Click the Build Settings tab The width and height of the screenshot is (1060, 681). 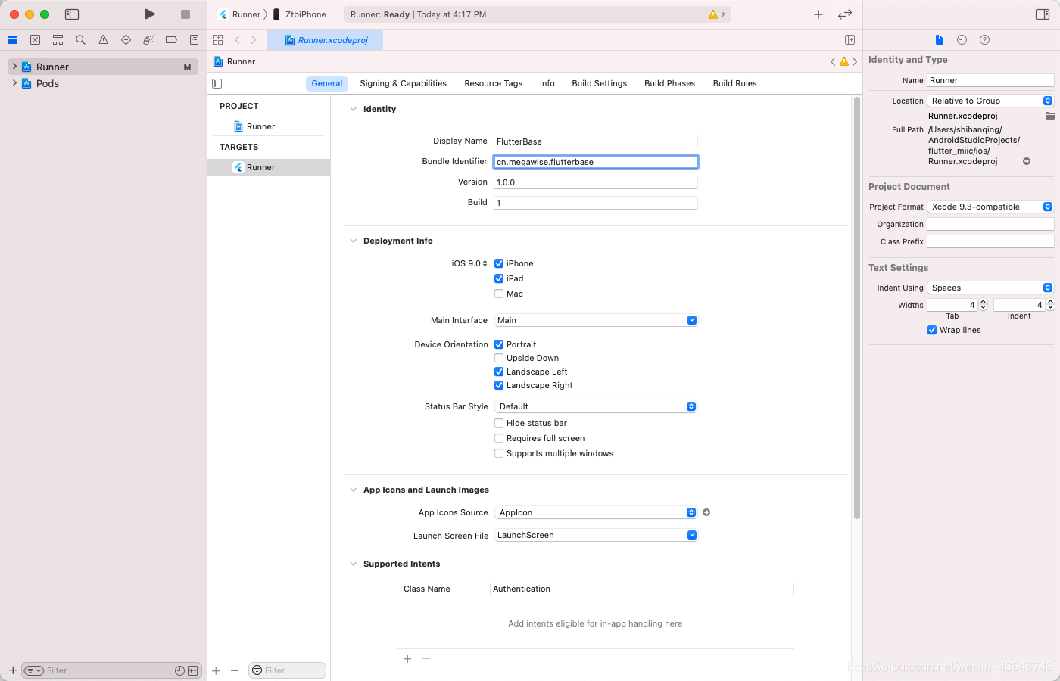click(599, 83)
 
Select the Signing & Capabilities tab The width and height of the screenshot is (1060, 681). click(403, 83)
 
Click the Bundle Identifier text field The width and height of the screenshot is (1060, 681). click(595, 162)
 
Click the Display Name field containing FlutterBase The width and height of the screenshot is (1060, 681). click(595, 141)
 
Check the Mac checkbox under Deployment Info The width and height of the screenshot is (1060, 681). click(499, 294)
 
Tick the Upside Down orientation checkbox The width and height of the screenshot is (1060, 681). click(499, 358)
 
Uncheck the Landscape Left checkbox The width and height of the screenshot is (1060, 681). click(499, 372)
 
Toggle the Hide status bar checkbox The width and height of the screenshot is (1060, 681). click(499, 423)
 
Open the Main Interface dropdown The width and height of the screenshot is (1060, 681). click(595, 320)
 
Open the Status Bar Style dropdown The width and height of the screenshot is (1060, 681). click(595, 406)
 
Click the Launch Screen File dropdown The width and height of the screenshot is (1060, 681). click(595, 535)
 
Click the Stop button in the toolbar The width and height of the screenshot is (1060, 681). click(185, 14)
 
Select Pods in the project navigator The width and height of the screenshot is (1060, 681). click(47, 84)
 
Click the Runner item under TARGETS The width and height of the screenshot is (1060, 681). click(260, 167)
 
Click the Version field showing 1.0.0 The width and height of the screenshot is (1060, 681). click(595, 182)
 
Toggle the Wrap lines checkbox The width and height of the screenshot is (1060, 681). click(932, 330)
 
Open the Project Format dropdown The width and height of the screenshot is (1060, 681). click(990, 207)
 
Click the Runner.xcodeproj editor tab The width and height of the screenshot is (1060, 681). click(326, 40)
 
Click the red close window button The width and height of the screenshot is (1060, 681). click(14, 14)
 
